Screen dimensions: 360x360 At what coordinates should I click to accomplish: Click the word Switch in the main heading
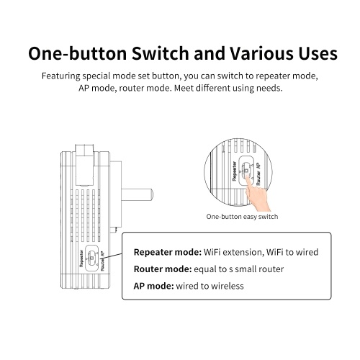[x=161, y=53]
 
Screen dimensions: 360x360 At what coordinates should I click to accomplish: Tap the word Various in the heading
[x=261, y=53]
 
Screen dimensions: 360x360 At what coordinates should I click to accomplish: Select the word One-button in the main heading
[x=78, y=53]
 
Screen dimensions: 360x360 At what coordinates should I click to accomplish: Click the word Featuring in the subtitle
[x=61, y=76]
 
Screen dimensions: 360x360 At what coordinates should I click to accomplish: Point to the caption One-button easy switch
[x=242, y=217]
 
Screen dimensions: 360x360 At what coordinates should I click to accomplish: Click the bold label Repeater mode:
[x=168, y=252]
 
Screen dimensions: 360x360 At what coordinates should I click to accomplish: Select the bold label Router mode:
[x=163, y=269]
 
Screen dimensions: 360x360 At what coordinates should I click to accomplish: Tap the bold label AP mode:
[x=153, y=286]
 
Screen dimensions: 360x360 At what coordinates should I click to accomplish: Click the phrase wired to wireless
[x=210, y=286]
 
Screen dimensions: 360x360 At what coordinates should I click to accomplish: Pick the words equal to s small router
[x=238, y=269]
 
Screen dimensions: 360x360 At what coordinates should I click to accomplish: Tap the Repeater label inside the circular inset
[x=235, y=171]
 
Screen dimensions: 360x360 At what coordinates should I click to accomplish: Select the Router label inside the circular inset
[x=258, y=179]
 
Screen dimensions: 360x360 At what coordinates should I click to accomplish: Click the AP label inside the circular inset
[x=258, y=166]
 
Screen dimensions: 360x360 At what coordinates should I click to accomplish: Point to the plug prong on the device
[x=137, y=195]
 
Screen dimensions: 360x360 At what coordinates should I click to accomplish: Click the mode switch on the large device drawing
[x=92, y=258]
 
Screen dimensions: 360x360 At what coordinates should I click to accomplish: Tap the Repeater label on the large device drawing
[x=81, y=258]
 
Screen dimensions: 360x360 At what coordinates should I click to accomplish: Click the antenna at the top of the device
[x=84, y=165]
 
